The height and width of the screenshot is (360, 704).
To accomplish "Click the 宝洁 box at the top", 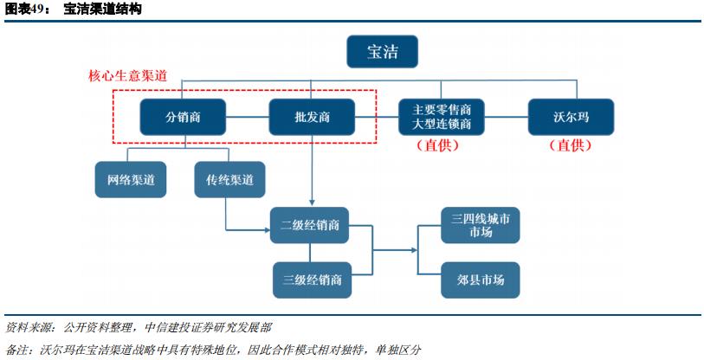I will (382, 52).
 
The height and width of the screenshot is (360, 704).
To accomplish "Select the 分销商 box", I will (183, 117).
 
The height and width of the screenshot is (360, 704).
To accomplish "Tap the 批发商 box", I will (311, 117).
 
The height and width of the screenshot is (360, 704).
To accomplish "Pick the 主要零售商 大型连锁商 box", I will (441, 117).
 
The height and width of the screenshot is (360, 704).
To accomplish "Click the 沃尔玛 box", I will (570, 117).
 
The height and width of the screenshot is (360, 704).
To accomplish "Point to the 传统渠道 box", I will (229, 180).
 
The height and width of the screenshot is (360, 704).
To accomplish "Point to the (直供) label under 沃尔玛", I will (570, 146).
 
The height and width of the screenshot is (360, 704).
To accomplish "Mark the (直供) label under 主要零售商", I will (441, 146).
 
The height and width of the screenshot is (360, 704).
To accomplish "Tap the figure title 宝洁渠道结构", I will (102, 9).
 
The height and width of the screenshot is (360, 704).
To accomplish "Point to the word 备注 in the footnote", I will (16, 350).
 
